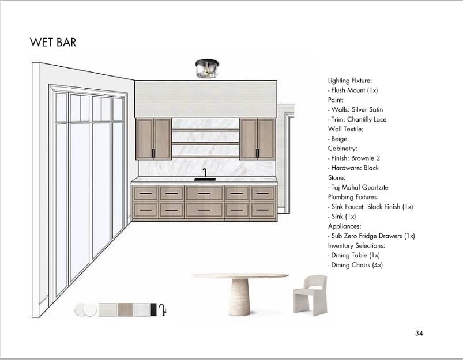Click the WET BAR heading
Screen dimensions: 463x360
click(53, 43)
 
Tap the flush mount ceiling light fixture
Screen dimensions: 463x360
click(205, 69)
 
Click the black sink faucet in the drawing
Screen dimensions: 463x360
click(205, 174)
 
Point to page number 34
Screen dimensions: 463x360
click(419, 333)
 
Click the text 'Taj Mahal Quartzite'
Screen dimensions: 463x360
click(359, 187)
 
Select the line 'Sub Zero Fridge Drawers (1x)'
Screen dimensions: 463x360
click(372, 236)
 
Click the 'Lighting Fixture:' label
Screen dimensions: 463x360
click(350, 81)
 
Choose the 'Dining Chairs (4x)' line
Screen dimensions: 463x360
click(356, 265)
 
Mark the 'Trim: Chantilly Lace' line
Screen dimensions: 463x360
click(358, 119)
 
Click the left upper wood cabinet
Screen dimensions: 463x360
click(154, 138)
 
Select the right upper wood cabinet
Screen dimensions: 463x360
click(257, 138)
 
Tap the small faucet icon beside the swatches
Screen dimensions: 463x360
click(163, 310)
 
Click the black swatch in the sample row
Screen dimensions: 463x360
click(153, 310)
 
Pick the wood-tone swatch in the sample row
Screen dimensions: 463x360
click(125, 310)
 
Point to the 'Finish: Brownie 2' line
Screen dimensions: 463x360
click(355, 158)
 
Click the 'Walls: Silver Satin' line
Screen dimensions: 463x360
click(356, 109)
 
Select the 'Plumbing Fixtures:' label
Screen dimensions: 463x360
click(353, 197)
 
